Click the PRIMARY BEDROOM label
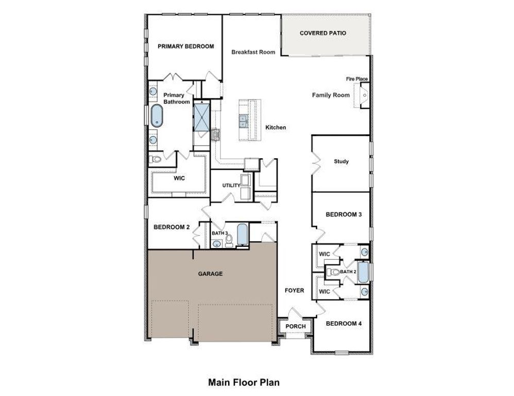[x=185, y=46]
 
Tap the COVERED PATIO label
[x=323, y=33]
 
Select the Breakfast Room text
[x=253, y=52]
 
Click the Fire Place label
[x=356, y=79]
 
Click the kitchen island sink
[x=242, y=121]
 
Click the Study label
[x=341, y=161]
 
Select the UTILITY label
[x=231, y=186]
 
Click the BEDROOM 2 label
[x=172, y=227]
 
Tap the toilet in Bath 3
[x=229, y=240]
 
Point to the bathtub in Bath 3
[x=242, y=235]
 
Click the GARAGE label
[x=210, y=274]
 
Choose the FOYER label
[x=294, y=291]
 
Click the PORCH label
[x=295, y=326]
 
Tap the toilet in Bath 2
[x=334, y=272]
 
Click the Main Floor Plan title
[x=244, y=383]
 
